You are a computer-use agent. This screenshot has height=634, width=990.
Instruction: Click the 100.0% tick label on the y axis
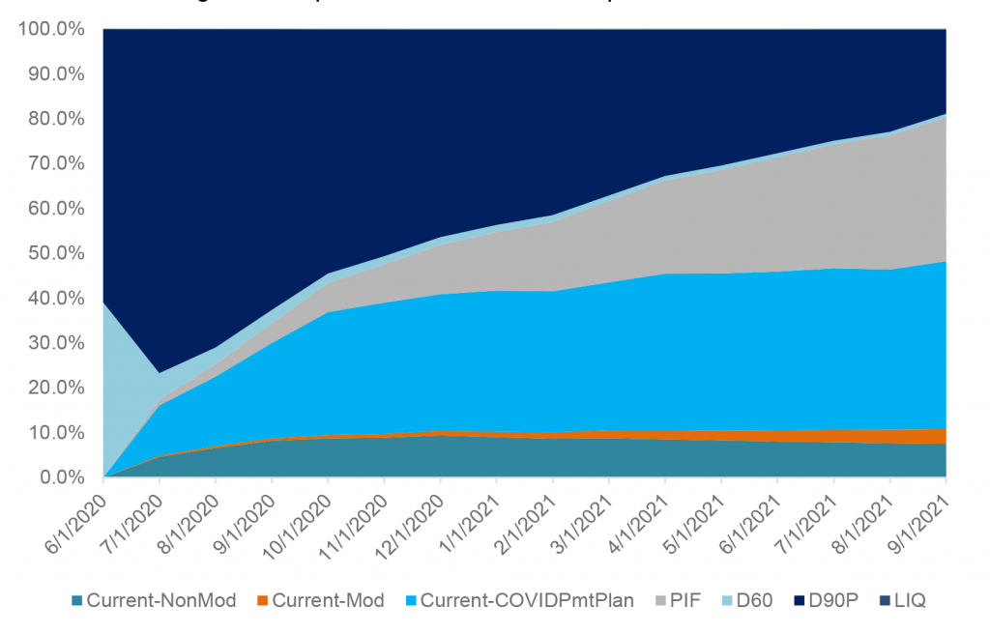49,30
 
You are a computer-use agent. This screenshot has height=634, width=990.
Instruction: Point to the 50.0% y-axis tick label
53,254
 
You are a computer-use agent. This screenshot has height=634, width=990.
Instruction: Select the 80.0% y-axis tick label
53,120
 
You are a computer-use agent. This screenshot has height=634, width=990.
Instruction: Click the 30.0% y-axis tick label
53,343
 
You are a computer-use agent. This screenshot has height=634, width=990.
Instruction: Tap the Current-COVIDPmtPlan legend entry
523,600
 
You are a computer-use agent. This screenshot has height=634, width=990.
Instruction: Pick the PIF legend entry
678,600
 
